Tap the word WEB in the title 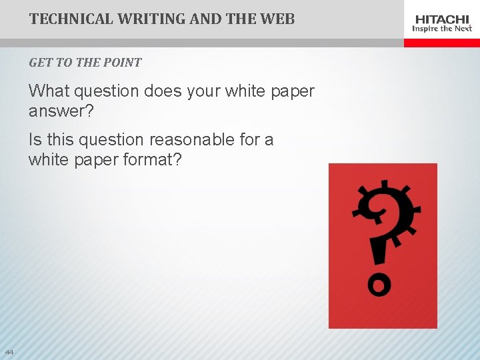[275, 19]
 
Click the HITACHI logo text [442, 19]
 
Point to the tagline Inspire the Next [442, 29]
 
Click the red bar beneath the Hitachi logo [441, 43]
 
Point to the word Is [35, 140]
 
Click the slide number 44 [9, 352]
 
